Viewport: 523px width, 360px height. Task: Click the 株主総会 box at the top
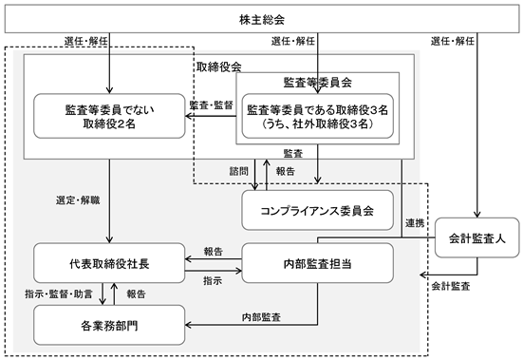point(262,19)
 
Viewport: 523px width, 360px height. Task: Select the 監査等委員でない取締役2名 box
point(109,116)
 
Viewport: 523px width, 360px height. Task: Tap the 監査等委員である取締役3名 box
point(318,116)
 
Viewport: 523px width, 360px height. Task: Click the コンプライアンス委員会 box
point(318,210)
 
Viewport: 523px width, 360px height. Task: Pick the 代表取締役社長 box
point(109,263)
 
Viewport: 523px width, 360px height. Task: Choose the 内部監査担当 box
point(318,263)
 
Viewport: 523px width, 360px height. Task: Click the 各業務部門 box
point(109,325)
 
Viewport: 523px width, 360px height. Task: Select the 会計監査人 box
point(477,237)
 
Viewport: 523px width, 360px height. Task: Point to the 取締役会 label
point(219,66)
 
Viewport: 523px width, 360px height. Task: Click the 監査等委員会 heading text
point(318,82)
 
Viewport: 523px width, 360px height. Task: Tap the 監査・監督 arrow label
point(211,105)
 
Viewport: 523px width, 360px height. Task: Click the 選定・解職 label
point(78,200)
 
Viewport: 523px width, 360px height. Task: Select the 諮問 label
point(239,171)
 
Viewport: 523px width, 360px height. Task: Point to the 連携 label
point(415,223)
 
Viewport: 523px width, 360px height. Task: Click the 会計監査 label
point(451,286)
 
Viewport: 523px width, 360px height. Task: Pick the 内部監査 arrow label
point(261,317)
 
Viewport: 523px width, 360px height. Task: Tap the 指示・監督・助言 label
point(59,294)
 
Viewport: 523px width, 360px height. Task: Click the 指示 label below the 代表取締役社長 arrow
point(213,280)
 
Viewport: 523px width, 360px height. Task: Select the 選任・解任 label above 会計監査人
point(453,41)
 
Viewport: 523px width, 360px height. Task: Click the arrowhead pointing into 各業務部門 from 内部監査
point(188,325)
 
